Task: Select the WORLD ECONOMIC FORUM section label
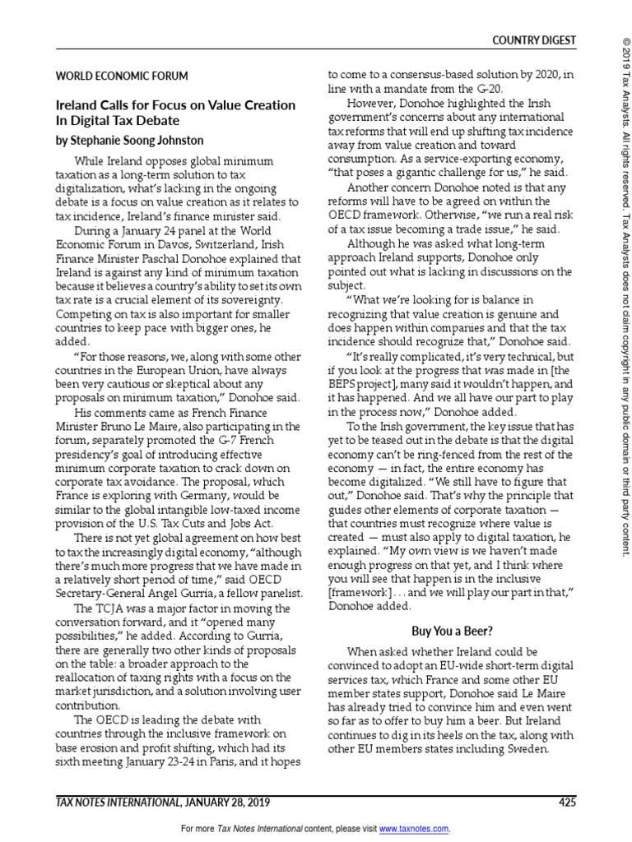[122, 76]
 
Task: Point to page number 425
[567, 803]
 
